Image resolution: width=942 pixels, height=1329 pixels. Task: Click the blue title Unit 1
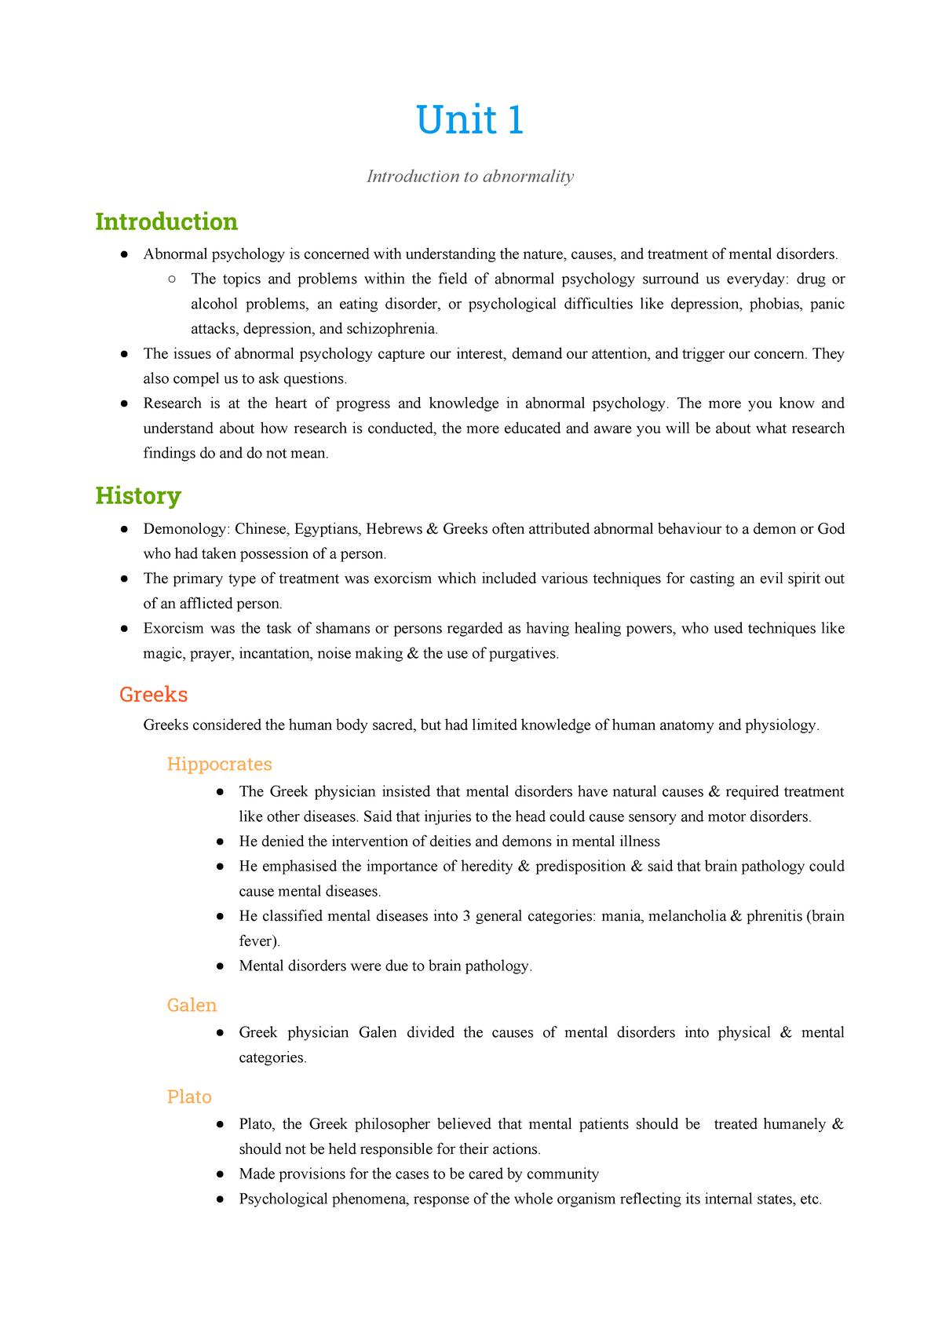tap(469, 121)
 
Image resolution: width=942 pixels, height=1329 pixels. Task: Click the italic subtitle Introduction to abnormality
tap(469, 177)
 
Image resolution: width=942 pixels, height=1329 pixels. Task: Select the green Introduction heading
tap(166, 222)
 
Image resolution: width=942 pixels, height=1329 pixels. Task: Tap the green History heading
tap(138, 496)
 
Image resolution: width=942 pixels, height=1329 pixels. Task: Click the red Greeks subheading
tap(153, 695)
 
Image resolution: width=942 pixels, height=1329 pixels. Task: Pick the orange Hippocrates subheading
tap(219, 765)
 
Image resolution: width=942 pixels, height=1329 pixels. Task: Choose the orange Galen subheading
tap(192, 1006)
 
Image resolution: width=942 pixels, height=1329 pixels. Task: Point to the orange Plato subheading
tap(189, 1097)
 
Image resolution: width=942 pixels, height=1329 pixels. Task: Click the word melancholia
tap(687, 916)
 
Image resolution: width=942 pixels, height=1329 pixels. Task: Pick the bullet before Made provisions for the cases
tap(221, 1174)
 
